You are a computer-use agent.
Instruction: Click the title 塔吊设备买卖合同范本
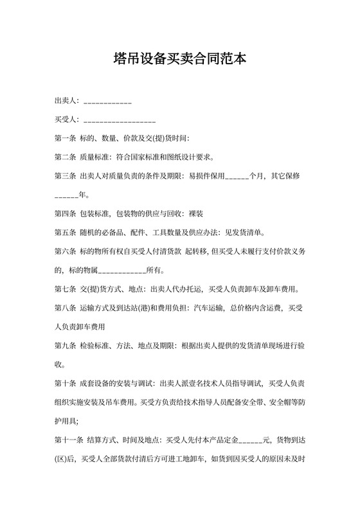179,59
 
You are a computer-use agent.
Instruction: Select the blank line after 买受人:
120,120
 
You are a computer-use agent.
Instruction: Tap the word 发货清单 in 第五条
248,231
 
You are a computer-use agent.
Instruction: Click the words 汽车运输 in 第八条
208,307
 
